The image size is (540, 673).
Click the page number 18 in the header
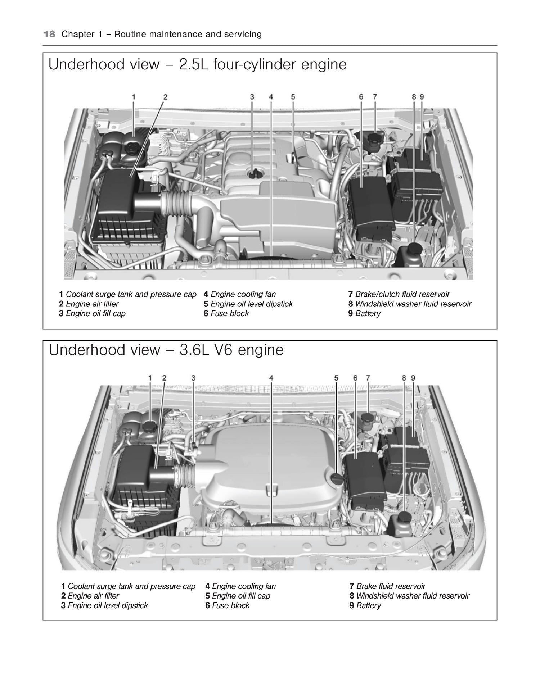[x=49, y=35]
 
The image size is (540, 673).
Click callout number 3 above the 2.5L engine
[x=252, y=97]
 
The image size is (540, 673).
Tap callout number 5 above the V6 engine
[x=336, y=378]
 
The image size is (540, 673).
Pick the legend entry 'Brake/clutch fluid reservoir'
[x=402, y=294]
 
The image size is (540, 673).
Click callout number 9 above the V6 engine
[x=413, y=378]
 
